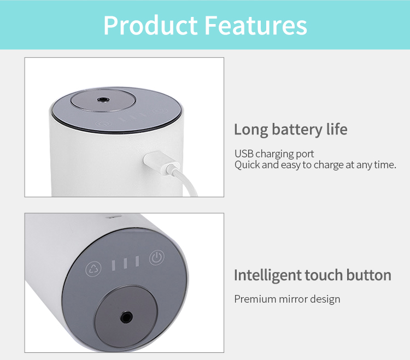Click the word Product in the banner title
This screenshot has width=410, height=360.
click(x=151, y=25)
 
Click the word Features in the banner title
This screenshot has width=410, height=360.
click(x=255, y=25)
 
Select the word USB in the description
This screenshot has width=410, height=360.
click(x=244, y=154)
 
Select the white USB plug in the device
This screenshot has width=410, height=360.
click(x=161, y=162)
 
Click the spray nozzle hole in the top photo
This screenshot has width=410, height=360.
click(x=103, y=99)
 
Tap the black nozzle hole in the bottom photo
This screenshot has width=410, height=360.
click(x=126, y=317)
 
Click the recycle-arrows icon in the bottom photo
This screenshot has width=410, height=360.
click(x=93, y=269)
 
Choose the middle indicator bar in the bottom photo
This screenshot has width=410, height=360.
click(x=126, y=263)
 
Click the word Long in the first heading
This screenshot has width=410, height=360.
click(x=251, y=130)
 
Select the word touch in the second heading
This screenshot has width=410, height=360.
click(x=324, y=275)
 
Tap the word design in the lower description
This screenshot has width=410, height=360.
click(x=325, y=299)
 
